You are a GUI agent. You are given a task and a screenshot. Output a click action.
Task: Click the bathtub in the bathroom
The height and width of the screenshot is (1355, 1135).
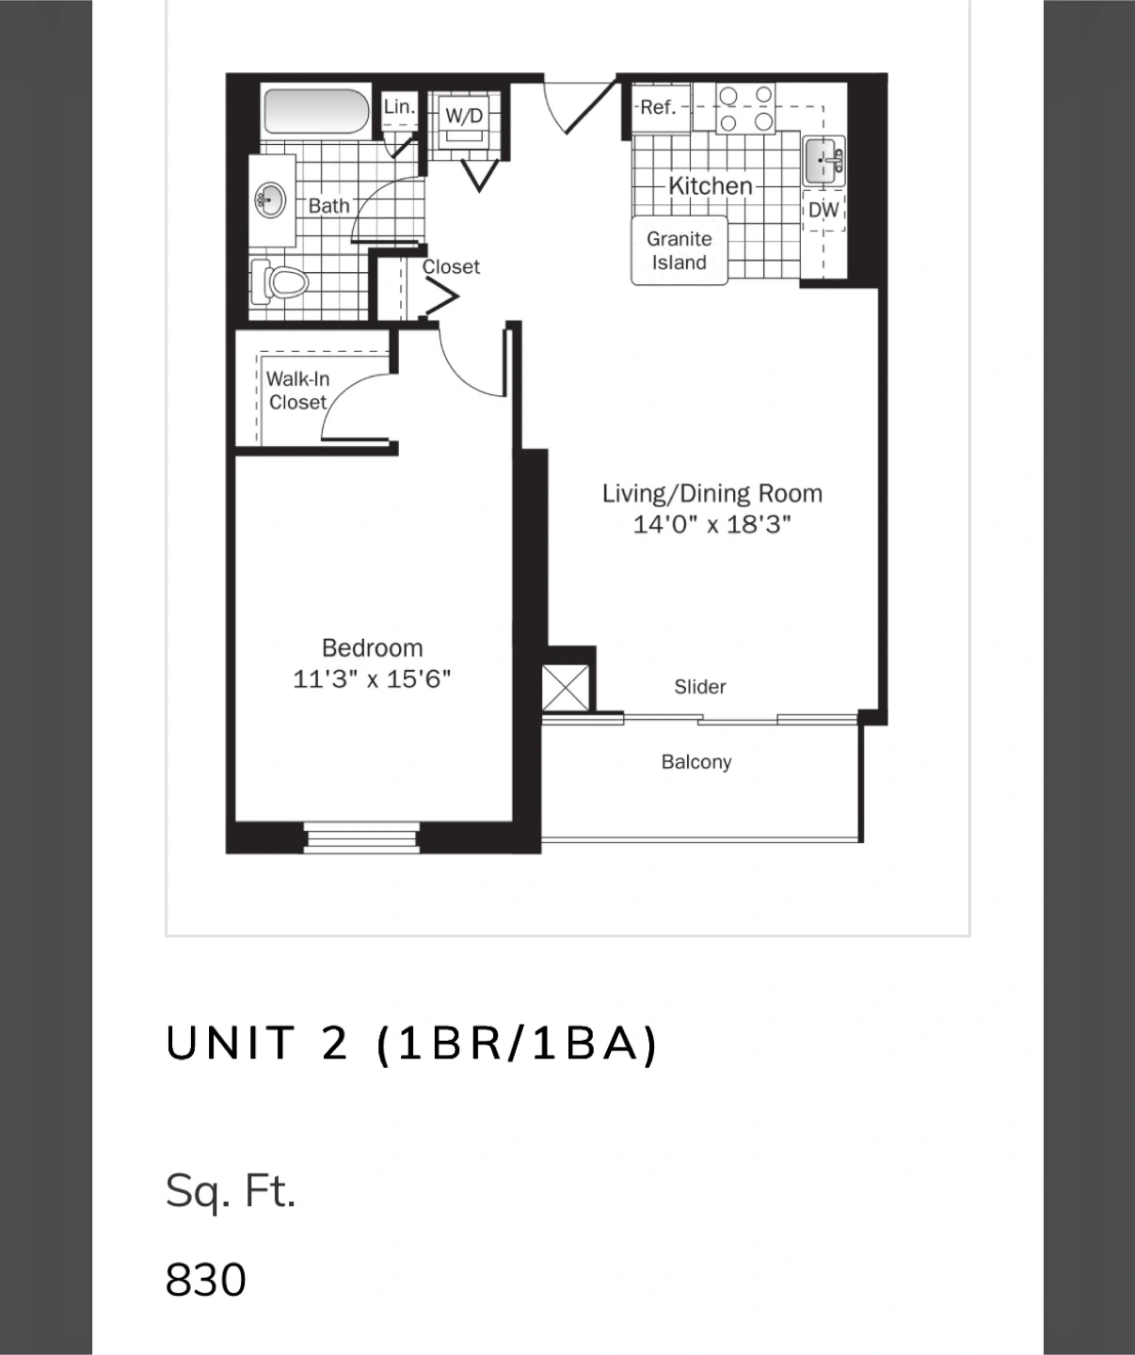click(316, 111)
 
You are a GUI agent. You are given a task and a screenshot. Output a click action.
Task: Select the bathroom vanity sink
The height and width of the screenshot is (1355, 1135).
click(270, 200)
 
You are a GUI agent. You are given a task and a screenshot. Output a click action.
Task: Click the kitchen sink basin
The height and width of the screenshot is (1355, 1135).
click(823, 160)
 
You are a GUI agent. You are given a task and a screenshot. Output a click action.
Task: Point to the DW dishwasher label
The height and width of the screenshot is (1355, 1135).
click(823, 210)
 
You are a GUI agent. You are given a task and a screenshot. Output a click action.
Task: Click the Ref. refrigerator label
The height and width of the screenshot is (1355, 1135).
click(658, 107)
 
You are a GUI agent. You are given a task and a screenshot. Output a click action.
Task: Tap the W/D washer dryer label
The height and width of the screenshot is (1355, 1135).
click(464, 116)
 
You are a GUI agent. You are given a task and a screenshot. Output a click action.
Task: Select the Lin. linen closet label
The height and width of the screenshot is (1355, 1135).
click(399, 106)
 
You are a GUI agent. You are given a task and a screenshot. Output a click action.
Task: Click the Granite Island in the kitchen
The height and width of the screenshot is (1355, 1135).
click(679, 250)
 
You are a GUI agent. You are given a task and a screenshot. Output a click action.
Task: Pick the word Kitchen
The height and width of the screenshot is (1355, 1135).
click(711, 186)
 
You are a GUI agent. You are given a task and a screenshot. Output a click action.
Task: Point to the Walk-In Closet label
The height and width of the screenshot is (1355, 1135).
click(297, 391)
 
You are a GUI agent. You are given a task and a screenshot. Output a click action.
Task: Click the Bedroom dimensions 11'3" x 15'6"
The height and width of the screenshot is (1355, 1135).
click(372, 679)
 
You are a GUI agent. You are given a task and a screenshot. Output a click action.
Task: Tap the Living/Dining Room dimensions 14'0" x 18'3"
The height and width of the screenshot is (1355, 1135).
click(712, 524)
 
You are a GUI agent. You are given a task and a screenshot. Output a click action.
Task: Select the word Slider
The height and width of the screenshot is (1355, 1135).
click(700, 687)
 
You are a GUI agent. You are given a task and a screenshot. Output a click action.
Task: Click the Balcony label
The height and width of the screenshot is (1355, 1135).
click(696, 761)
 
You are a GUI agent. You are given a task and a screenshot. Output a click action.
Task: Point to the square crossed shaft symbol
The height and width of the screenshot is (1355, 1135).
click(566, 688)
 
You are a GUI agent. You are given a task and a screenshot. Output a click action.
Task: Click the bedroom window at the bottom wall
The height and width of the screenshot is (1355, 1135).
click(362, 837)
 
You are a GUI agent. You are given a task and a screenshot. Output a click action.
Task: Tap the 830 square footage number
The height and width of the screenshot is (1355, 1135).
click(206, 1280)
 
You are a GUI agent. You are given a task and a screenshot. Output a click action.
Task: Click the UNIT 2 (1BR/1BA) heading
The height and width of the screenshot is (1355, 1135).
click(412, 1043)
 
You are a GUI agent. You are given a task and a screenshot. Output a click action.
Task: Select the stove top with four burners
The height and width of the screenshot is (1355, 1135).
click(745, 108)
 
